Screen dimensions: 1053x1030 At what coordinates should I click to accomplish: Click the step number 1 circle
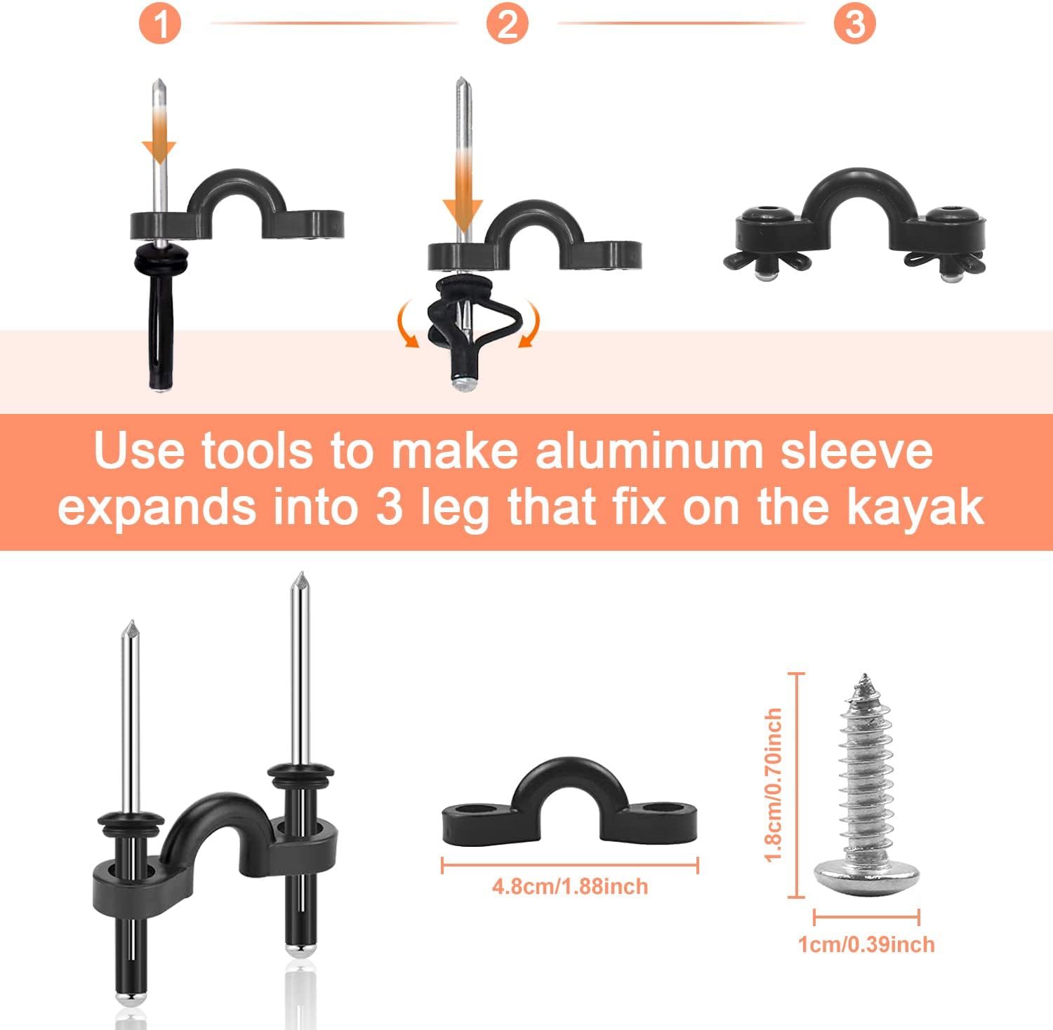point(161,24)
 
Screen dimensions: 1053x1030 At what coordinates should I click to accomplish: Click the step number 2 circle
point(508,24)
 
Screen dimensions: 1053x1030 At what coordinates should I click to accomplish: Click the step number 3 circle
point(854,24)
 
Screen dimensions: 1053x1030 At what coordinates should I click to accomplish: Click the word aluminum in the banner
point(647,451)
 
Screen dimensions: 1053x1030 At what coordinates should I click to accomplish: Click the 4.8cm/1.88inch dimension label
point(569,886)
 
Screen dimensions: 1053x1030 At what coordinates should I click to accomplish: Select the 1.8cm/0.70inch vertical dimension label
point(773,784)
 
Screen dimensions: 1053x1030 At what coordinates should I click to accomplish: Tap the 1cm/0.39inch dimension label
point(866,944)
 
